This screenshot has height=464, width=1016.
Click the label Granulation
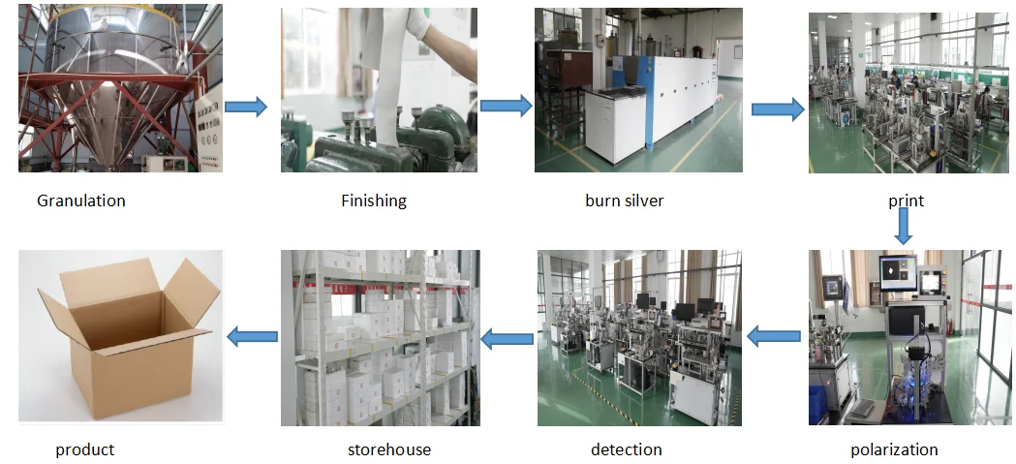coord(81,201)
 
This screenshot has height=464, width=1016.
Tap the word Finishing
coord(374,201)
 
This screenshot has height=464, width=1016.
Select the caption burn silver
coord(624,201)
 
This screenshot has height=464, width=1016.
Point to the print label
coord(906,201)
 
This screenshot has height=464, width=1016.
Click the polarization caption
coord(894,449)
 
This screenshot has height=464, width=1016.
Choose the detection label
coord(626,449)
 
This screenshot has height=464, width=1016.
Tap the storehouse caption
coord(389,449)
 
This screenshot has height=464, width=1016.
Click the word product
coord(85,449)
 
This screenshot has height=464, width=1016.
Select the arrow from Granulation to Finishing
coord(246,107)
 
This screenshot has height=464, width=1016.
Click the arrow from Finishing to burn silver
coord(506,107)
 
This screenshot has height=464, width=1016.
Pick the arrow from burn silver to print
coord(778,109)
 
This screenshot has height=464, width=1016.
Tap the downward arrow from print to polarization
coord(904,225)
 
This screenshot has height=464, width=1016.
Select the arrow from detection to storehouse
coord(507,339)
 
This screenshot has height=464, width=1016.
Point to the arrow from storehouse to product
coord(252,336)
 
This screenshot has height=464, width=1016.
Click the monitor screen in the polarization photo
coord(899,274)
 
